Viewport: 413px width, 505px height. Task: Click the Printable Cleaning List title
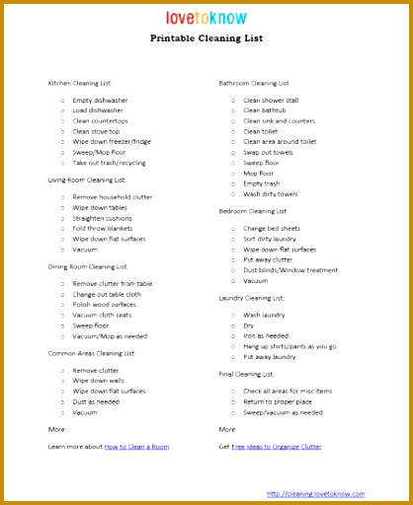click(x=206, y=40)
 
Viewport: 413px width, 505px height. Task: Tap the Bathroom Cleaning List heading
click(x=254, y=83)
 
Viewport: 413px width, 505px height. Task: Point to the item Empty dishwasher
click(x=100, y=100)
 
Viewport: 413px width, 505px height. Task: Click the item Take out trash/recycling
click(x=109, y=162)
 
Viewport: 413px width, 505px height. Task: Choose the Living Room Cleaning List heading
click(x=87, y=180)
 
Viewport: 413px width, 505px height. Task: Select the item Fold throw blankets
click(x=103, y=228)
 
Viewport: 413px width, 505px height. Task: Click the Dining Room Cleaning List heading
click(x=88, y=266)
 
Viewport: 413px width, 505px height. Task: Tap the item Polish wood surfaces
click(x=105, y=304)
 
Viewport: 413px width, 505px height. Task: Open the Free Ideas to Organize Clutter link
click(x=276, y=447)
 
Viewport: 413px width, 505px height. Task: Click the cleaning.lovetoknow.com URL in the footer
click(x=315, y=493)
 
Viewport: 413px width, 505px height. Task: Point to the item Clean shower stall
click(x=271, y=100)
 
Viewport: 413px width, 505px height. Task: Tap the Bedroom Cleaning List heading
click(x=253, y=210)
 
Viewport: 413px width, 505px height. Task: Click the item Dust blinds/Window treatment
click(x=290, y=269)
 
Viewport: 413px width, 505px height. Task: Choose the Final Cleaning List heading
click(x=247, y=374)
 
